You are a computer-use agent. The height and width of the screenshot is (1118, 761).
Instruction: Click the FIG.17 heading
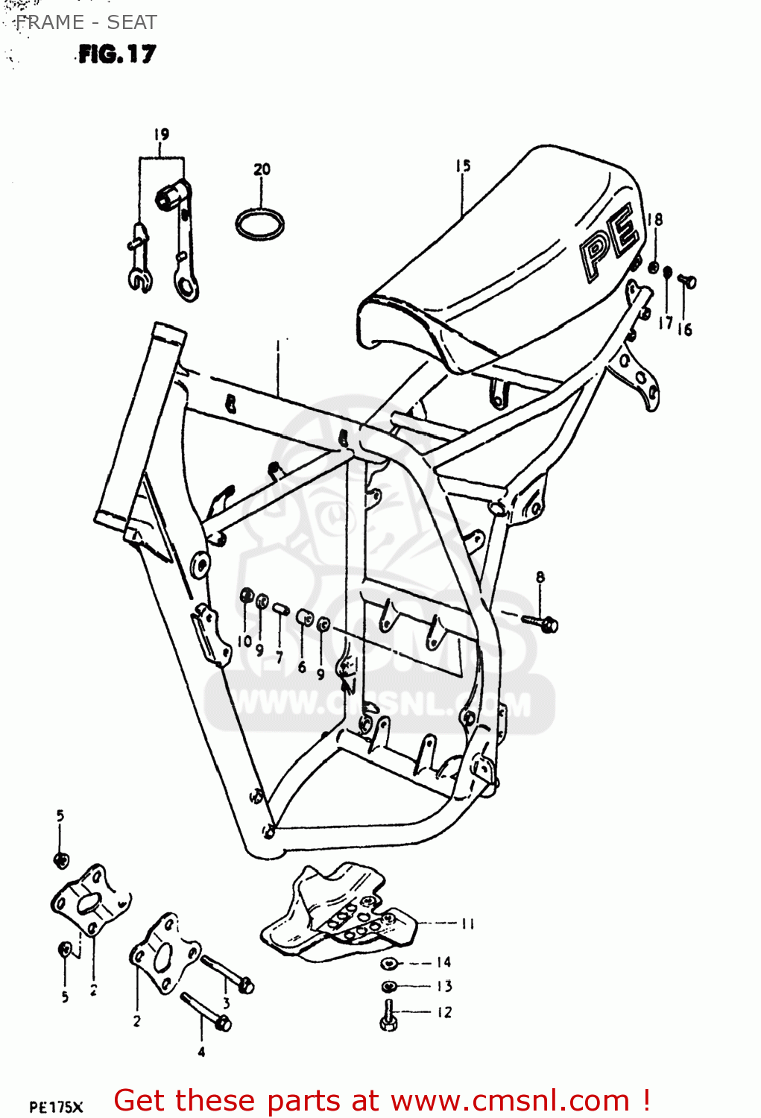[117, 54]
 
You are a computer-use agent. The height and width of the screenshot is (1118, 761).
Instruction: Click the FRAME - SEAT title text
[86, 22]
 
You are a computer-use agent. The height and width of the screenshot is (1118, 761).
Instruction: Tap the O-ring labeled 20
[259, 223]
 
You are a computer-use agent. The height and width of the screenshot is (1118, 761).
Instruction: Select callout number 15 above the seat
[463, 165]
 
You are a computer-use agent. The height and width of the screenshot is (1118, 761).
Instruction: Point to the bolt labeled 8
[543, 622]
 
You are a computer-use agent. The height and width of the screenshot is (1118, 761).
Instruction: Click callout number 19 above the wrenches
[162, 134]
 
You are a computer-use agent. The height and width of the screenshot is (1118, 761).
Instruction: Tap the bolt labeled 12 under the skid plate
[388, 1016]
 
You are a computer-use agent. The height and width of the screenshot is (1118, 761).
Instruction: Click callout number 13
[444, 986]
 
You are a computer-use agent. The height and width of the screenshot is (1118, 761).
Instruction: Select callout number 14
[444, 962]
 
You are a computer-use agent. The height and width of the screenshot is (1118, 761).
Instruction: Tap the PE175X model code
[57, 1107]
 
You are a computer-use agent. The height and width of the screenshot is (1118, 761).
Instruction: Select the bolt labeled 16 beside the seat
[687, 281]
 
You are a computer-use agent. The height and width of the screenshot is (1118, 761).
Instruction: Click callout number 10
[245, 641]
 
